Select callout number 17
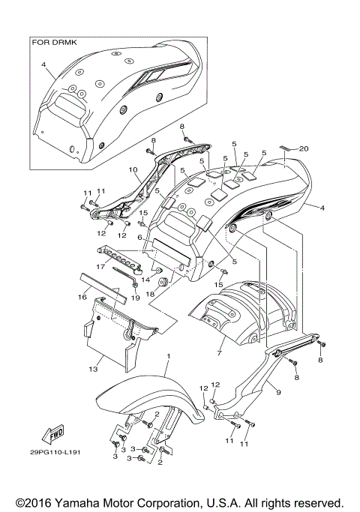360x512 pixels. pyautogui.click(x=100, y=265)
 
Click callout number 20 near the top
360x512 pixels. pyautogui.click(x=304, y=148)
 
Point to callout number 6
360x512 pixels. pyautogui.click(x=139, y=236)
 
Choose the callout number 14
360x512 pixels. pyautogui.click(x=146, y=280)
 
